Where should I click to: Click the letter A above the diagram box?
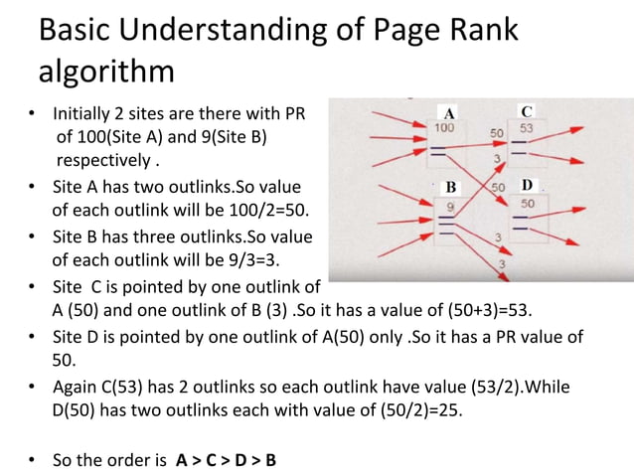(449, 111)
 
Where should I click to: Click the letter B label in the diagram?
(449, 187)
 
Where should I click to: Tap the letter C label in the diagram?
(527, 109)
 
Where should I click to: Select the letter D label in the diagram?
(527, 186)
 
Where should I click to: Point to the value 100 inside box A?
(444, 128)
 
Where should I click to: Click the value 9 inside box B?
(450, 206)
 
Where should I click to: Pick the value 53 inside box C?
(527, 129)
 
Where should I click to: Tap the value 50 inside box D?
(527, 204)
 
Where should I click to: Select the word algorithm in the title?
(106, 73)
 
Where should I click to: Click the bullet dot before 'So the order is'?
(33, 461)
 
